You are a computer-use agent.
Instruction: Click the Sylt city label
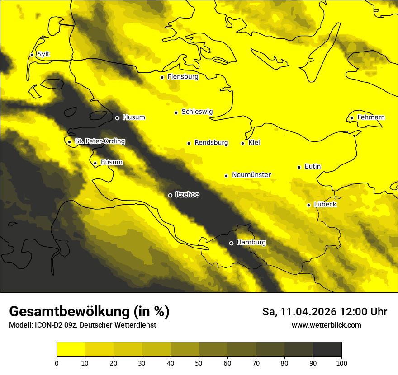tap(43, 54)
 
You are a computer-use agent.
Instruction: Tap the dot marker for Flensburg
tap(162, 77)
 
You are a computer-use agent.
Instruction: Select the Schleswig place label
tap(197, 112)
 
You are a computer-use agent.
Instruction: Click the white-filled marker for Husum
tap(117, 118)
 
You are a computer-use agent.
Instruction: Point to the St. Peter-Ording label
tap(99, 141)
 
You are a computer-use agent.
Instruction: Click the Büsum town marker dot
tap(95, 163)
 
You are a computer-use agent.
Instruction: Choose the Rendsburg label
tap(211, 143)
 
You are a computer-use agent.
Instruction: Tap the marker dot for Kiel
tap(242, 143)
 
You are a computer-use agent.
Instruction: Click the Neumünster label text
tap(251, 175)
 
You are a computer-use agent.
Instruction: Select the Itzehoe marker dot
tap(170, 195)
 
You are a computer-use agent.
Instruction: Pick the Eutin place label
tap(313, 167)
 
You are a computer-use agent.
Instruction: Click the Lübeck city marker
tap(308, 205)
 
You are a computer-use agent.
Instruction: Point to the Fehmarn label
tap(371, 117)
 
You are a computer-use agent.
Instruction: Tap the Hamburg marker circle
tap(231, 243)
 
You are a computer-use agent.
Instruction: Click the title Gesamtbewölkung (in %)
tap(89, 311)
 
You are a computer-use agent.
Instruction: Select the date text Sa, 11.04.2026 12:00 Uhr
tap(324, 312)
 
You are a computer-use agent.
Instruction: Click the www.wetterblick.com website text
tap(326, 325)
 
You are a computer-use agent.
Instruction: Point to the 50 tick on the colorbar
tap(199, 363)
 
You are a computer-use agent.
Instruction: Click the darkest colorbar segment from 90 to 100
tap(327, 349)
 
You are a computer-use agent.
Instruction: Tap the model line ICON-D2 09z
tap(82, 325)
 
